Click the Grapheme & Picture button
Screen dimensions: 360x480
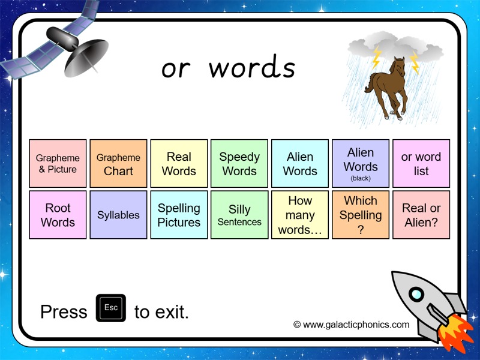coord(58,164)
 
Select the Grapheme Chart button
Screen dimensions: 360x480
coord(118,164)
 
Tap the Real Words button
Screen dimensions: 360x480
coord(179,164)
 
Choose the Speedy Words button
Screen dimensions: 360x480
coord(239,164)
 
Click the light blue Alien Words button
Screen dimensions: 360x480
coord(300,164)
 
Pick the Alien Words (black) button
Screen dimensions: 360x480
coord(361,164)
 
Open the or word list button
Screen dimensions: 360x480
coord(421,164)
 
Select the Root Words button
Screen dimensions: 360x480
coord(58,215)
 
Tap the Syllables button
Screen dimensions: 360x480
coord(118,215)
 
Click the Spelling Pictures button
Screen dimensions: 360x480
coord(179,215)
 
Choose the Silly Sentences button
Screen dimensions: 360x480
coord(239,215)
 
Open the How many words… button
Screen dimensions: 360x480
coord(300,215)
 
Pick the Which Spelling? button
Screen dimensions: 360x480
coord(361,215)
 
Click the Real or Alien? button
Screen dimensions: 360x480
coord(421,215)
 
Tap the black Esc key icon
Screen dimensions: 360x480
coord(111,308)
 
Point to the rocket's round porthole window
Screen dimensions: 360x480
coord(416,295)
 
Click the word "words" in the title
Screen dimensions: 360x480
coord(252,68)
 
